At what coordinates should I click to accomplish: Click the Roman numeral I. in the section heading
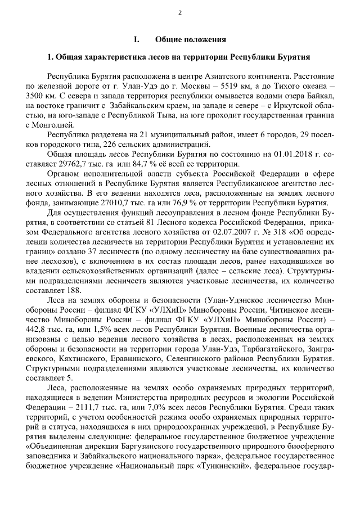point(136,39)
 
